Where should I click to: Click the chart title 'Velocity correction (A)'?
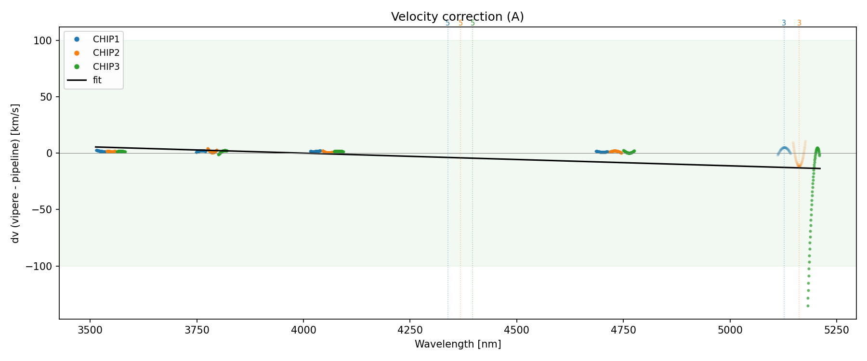point(457,17)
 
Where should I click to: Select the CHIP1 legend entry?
point(106,39)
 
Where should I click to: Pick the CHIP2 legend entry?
point(106,53)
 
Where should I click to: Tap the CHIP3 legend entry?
point(106,66)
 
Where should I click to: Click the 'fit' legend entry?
point(97,80)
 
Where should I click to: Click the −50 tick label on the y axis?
point(42,210)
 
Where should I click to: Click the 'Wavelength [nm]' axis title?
point(458,344)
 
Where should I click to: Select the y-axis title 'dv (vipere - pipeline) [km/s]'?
point(15,173)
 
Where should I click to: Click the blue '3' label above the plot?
point(784,23)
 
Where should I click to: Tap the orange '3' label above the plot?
point(799,23)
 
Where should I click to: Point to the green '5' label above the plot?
point(473,23)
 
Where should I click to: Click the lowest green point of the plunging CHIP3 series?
point(808,306)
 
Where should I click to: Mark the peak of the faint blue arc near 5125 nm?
point(784,148)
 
